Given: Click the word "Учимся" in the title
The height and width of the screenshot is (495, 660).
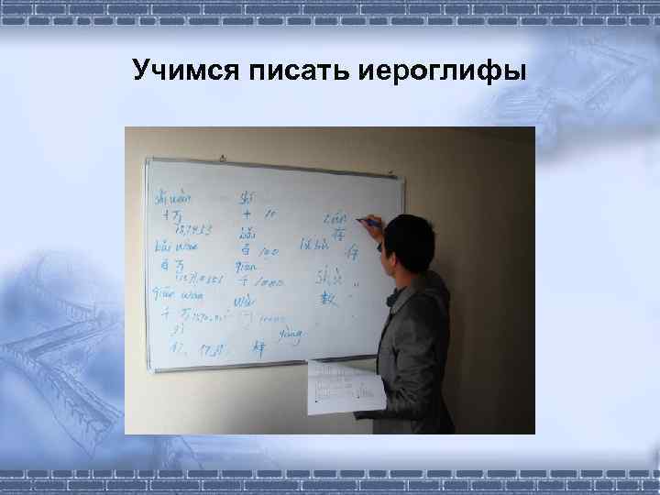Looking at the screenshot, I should tap(182, 70).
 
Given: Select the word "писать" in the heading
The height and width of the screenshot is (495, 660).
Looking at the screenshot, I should tap(290, 70).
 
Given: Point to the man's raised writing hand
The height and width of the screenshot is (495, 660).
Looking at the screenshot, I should tap(377, 230).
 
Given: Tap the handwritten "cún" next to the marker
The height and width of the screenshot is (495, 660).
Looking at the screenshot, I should tap(335, 218).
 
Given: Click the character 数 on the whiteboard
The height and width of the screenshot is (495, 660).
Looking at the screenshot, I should tap(329, 299).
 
